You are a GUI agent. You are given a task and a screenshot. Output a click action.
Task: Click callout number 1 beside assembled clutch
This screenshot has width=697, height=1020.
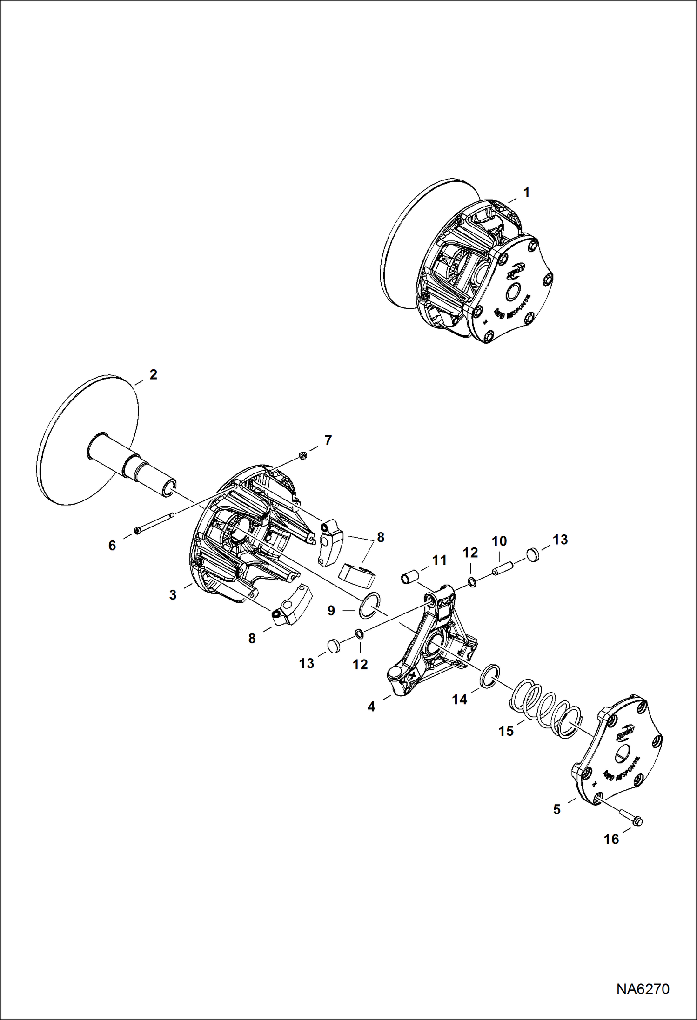(x=526, y=192)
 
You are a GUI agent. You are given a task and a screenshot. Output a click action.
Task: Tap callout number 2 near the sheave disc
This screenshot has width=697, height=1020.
(x=153, y=374)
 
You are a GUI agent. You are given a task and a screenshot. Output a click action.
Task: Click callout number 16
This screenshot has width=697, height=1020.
(x=611, y=839)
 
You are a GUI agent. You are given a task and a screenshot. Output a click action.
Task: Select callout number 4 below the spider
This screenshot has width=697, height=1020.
(x=371, y=707)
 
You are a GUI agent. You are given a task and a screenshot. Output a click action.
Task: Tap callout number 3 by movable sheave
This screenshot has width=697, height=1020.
(x=173, y=595)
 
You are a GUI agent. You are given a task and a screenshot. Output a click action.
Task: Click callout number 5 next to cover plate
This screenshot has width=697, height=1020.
(x=556, y=810)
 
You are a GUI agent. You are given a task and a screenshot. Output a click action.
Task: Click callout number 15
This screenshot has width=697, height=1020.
(x=506, y=731)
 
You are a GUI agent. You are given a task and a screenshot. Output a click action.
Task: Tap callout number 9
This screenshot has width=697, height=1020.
(x=331, y=610)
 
